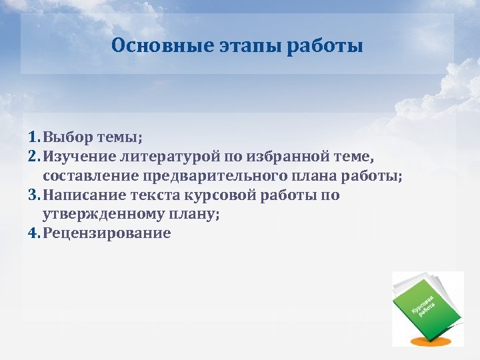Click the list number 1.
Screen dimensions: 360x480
coord(33,137)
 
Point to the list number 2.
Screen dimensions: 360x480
coord(33,157)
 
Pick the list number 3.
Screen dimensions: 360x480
coord(33,195)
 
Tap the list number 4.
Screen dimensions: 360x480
coord(33,234)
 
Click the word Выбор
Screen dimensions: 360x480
coord(67,137)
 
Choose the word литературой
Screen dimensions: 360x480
coord(164,157)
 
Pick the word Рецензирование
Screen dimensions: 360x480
coord(107,234)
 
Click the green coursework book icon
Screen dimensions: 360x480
coord(425,303)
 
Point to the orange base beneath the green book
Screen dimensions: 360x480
coord(427,341)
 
